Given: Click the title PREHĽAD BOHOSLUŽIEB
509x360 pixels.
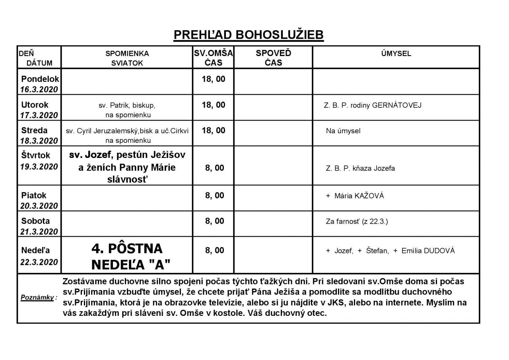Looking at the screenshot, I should click(249, 35).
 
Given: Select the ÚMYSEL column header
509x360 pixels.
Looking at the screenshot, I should click(396, 54).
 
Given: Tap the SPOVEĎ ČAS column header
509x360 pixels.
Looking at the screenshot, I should click(273, 58).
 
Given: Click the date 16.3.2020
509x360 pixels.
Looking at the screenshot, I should click(39, 90).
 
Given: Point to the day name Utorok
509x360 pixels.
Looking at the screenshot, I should click(35, 105).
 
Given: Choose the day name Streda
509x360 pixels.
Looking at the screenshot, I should click(34, 130).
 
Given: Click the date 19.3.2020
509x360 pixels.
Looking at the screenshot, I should click(39, 166).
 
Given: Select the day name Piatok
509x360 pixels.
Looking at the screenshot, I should click(34, 195).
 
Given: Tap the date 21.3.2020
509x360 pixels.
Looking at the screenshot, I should click(39, 232).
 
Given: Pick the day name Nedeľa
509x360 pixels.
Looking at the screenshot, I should click(36, 250).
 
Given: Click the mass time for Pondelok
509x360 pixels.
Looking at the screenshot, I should click(214, 79).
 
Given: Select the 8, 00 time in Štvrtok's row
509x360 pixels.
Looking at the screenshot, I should click(215, 168).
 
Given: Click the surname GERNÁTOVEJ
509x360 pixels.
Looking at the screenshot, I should click(397, 105).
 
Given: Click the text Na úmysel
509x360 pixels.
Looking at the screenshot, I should click(343, 131).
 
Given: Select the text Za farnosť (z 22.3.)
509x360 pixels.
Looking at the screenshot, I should click(357, 221).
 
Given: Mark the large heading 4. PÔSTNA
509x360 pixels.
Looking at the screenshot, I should click(127, 249).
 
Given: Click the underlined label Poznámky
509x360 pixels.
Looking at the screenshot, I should click(38, 298).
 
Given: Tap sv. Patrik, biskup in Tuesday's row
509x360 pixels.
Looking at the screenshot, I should click(127, 106).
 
